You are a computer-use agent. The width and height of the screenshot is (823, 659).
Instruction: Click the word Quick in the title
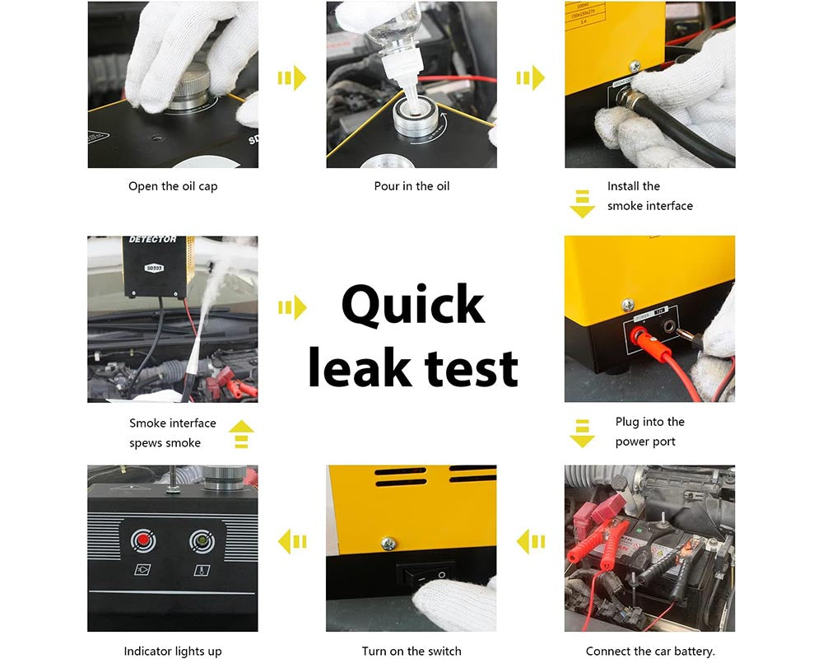pos(412,306)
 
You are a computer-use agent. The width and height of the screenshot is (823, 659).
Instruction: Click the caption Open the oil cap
pos(173,186)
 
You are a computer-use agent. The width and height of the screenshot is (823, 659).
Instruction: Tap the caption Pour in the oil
pos(411,186)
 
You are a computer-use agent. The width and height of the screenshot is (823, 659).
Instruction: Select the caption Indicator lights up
pos(173,651)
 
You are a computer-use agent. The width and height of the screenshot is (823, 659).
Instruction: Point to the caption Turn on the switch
pos(411,651)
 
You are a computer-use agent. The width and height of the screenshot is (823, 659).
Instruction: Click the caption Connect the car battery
pos(650,651)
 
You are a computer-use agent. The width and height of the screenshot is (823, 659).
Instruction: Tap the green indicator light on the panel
pos(200,540)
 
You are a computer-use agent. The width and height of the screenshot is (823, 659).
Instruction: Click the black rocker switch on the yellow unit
pos(424,572)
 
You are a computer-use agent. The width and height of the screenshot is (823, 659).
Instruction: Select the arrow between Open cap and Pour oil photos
pos(292,78)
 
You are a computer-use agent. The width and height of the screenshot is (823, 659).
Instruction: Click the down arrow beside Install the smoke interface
pos(582,203)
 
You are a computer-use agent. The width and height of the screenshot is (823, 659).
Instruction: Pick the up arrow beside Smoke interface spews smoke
pos(241,434)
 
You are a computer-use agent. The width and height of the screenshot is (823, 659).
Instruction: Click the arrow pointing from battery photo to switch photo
pos(531,541)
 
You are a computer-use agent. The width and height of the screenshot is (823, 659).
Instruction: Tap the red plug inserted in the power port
pos(638,336)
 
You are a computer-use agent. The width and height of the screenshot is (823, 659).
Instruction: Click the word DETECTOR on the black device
pos(152,240)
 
